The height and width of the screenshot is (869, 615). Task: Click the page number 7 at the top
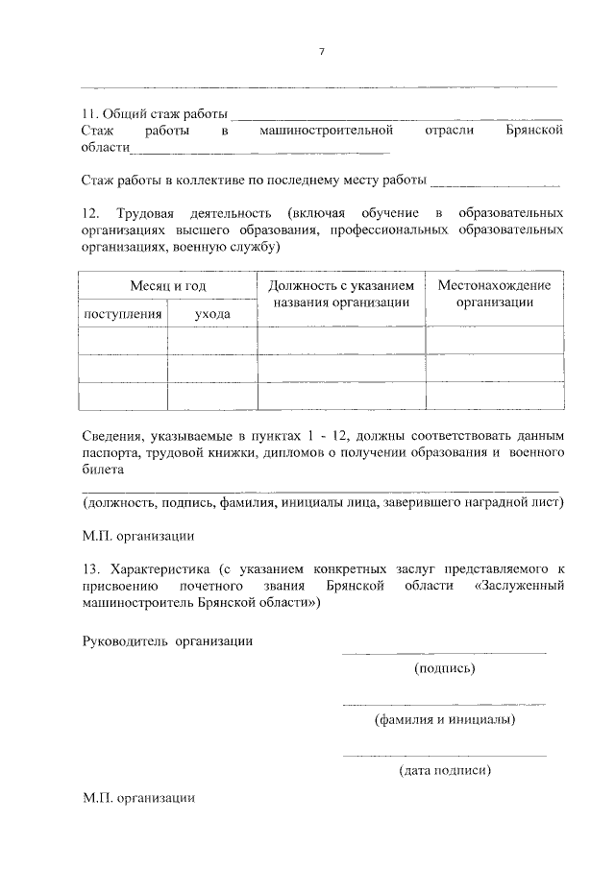click(x=322, y=52)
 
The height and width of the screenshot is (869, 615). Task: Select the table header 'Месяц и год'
click(x=168, y=286)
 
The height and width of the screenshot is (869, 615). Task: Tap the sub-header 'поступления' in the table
click(x=123, y=314)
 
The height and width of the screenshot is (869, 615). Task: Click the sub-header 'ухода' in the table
click(x=212, y=314)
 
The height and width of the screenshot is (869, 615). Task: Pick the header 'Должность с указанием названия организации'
click(x=341, y=294)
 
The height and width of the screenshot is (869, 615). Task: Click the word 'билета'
click(x=103, y=471)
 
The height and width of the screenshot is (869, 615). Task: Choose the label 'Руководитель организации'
click(x=167, y=641)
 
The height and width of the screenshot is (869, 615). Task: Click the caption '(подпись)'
click(x=444, y=668)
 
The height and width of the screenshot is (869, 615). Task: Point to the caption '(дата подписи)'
click(x=445, y=769)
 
